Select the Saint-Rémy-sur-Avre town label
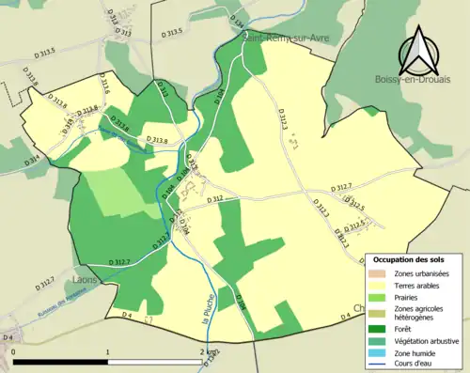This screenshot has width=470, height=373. click(283, 39)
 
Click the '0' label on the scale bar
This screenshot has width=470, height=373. click(13, 351)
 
